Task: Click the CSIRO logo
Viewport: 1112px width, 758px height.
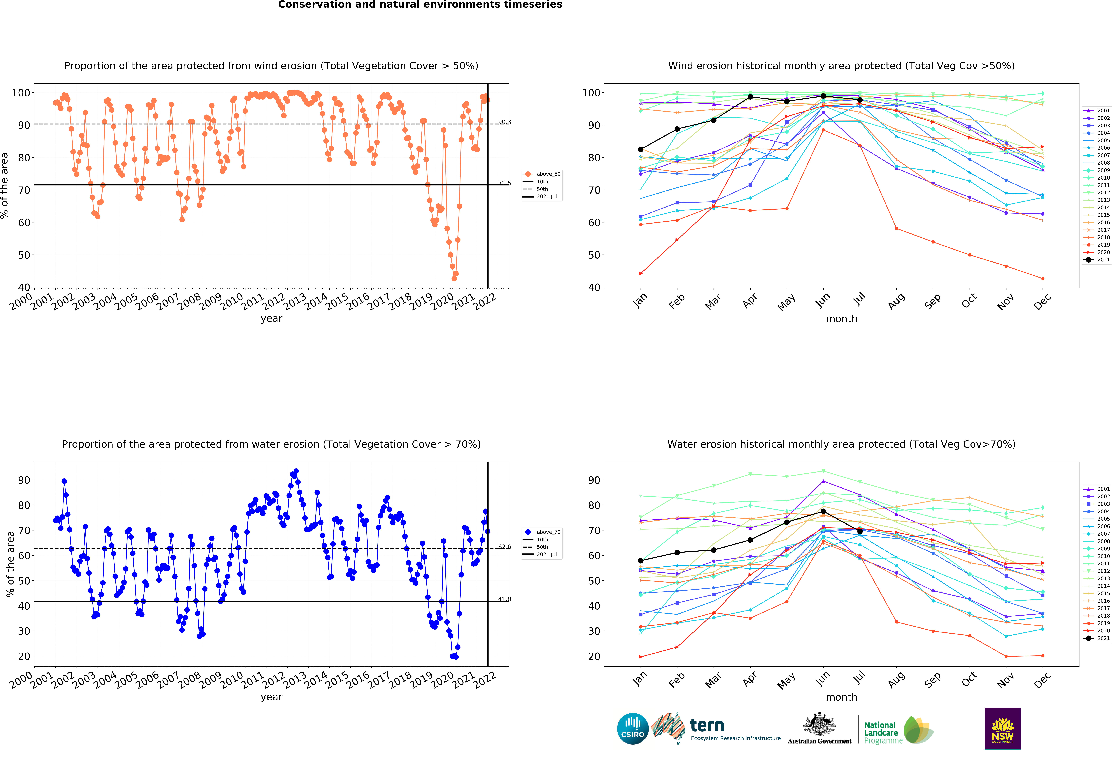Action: [633, 729]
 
